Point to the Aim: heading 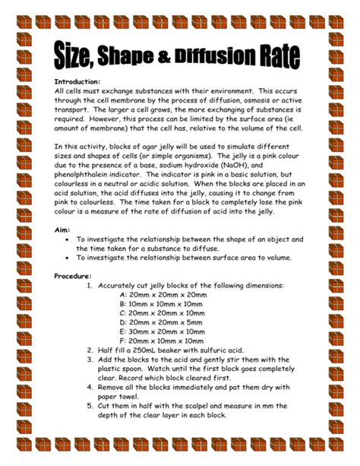coord(64,229)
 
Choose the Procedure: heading coord(74,276)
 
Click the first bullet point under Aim coord(69,239)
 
